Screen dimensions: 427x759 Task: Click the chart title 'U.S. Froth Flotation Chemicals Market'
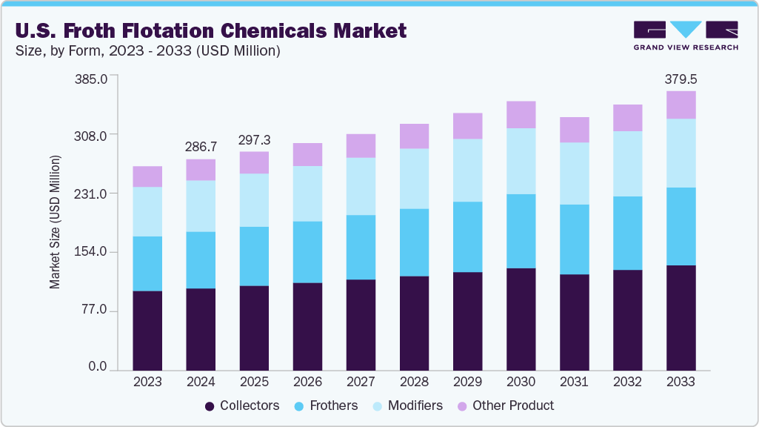coord(210,30)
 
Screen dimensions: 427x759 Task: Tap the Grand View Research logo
coord(685,36)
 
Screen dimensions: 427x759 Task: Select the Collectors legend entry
coord(241,406)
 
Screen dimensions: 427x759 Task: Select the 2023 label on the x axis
coord(147,382)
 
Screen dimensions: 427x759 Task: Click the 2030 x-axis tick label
coord(521,382)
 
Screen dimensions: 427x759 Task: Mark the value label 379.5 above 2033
coord(681,79)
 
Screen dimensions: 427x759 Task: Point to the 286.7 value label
coord(201,147)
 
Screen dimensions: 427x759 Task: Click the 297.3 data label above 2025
coord(254,140)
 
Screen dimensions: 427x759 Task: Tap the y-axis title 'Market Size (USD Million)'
coord(55,222)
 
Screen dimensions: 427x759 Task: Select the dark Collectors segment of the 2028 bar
coord(414,322)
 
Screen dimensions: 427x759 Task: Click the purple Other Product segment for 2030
coord(521,115)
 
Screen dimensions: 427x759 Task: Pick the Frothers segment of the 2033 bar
coord(681,226)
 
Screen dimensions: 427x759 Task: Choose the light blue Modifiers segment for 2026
coord(307,193)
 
